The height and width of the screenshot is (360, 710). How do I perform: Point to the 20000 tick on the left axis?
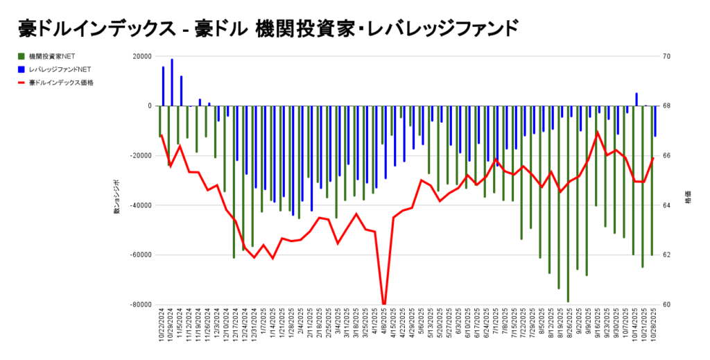[141, 56]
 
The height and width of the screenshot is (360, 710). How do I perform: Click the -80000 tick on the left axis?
[139, 305]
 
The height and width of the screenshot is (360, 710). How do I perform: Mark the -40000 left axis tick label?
[139, 205]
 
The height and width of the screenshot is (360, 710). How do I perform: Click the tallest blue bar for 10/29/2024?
[172, 82]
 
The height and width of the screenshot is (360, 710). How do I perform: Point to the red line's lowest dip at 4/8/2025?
[384, 303]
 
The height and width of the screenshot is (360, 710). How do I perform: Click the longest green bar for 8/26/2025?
[568, 204]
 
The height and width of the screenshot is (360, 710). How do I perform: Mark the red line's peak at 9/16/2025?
[597, 132]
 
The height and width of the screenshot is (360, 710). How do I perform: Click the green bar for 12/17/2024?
[234, 182]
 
